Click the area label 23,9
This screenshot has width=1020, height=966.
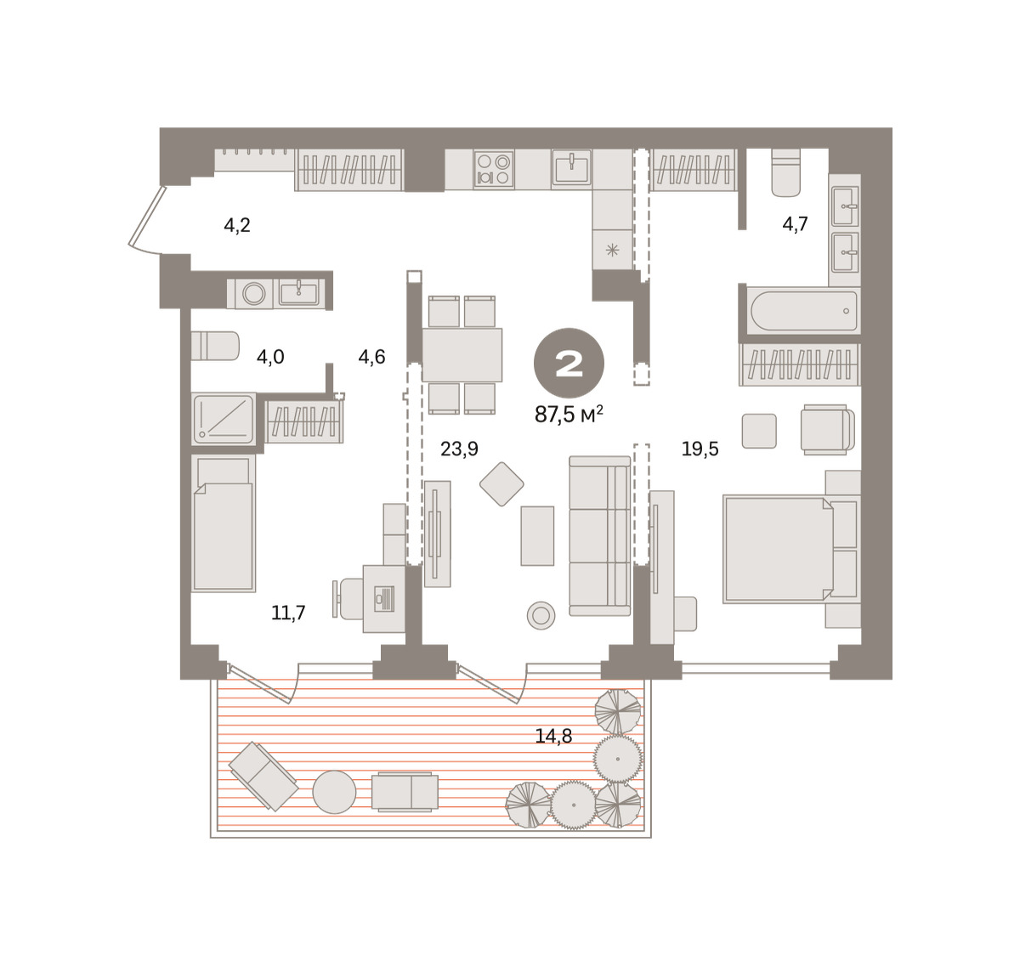(459, 449)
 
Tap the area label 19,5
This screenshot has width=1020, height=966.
(700, 449)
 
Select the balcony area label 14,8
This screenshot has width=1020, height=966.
(553, 736)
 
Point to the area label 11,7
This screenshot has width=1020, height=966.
(288, 613)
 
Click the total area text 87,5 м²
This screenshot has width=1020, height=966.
(569, 415)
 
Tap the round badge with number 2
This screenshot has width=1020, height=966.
(569, 363)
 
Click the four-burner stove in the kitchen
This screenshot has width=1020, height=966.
(494, 169)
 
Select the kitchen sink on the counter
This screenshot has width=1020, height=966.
(571, 168)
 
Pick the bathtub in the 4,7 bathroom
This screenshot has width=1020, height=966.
(803, 311)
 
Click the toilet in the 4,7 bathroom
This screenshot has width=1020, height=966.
(785, 172)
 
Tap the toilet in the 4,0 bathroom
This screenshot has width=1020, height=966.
(215, 346)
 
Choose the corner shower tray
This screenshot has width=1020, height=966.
(224, 419)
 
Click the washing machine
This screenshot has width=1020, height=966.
(254, 294)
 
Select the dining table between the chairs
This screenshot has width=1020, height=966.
(462, 355)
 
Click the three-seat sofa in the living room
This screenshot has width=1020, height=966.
(600, 536)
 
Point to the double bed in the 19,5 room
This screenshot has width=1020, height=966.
(791, 550)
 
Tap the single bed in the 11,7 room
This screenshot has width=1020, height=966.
(223, 523)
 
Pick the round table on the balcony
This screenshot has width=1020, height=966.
(334, 792)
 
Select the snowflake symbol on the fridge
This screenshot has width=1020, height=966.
(613, 251)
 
